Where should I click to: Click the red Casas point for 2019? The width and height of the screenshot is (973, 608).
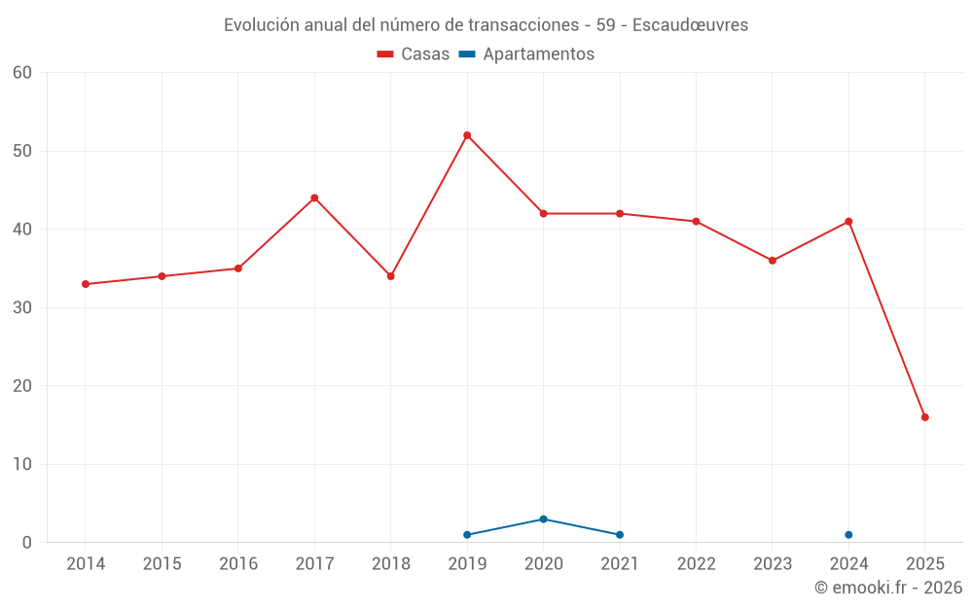pyautogui.click(x=467, y=135)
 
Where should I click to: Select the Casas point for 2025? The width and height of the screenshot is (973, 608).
pyautogui.click(x=925, y=417)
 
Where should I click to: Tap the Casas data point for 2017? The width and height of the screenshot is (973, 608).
pyautogui.click(x=314, y=197)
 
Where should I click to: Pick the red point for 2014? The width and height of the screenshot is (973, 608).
pyautogui.click(x=86, y=284)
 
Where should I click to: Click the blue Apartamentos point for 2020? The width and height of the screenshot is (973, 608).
pyautogui.click(x=544, y=519)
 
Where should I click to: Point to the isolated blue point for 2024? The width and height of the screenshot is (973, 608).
pyautogui.click(x=848, y=535)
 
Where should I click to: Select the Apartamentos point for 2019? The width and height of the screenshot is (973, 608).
pyautogui.click(x=467, y=535)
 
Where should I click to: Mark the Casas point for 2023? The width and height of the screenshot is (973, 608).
pyautogui.click(x=773, y=261)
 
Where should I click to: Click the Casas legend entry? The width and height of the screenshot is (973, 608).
pyautogui.click(x=414, y=54)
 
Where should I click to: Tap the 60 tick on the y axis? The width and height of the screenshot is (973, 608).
pyautogui.click(x=22, y=73)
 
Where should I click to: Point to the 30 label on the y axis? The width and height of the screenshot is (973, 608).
pyautogui.click(x=22, y=307)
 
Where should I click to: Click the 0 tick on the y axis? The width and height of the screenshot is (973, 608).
pyautogui.click(x=27, y=543)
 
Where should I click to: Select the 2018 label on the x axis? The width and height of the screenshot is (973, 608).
pyautogui.click(x=390, y=564)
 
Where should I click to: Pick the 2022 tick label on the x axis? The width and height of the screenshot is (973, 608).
pyautogui.click(x=696, y=564)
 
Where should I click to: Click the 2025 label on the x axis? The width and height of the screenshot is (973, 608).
pyautogui.click(x=925, y=564)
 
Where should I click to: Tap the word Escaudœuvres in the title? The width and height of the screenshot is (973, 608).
pyautogui.click(x=690, y=25)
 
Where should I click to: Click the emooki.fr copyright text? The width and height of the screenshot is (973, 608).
pyautogui.click(x=887, y=588)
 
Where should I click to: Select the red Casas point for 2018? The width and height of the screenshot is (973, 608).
pyautogui.click(x=391, y=276)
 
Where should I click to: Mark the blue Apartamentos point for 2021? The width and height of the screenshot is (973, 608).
pyautogui.click(x=620, y=535)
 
